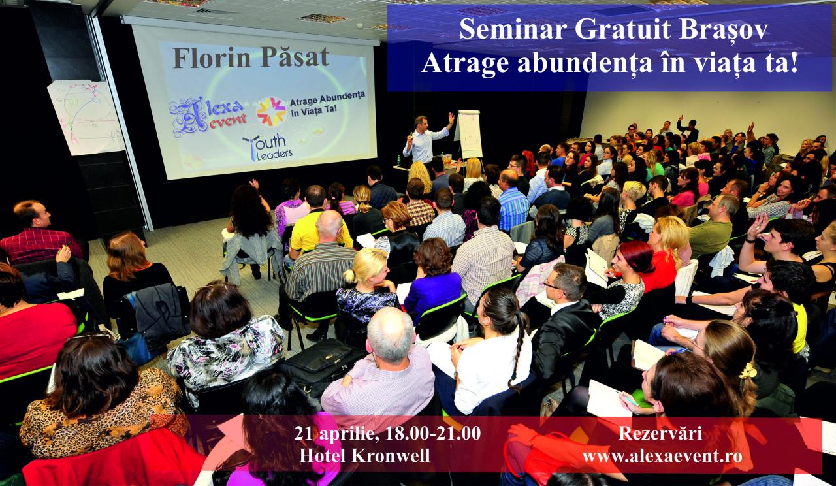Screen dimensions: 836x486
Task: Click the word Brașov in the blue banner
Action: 723,29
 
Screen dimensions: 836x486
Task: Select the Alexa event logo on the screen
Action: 208,116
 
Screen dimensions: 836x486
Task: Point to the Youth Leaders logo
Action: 267,147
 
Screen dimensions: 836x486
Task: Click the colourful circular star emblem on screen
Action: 271,112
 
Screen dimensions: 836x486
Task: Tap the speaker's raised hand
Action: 451,118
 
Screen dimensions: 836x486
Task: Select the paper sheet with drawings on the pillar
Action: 86,117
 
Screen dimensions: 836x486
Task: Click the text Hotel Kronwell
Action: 364,456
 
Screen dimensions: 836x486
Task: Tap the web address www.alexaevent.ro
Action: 662,456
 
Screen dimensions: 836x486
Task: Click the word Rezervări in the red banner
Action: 660,434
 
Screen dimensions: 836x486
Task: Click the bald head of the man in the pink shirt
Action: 390,333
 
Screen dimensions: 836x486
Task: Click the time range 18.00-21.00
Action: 433,433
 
